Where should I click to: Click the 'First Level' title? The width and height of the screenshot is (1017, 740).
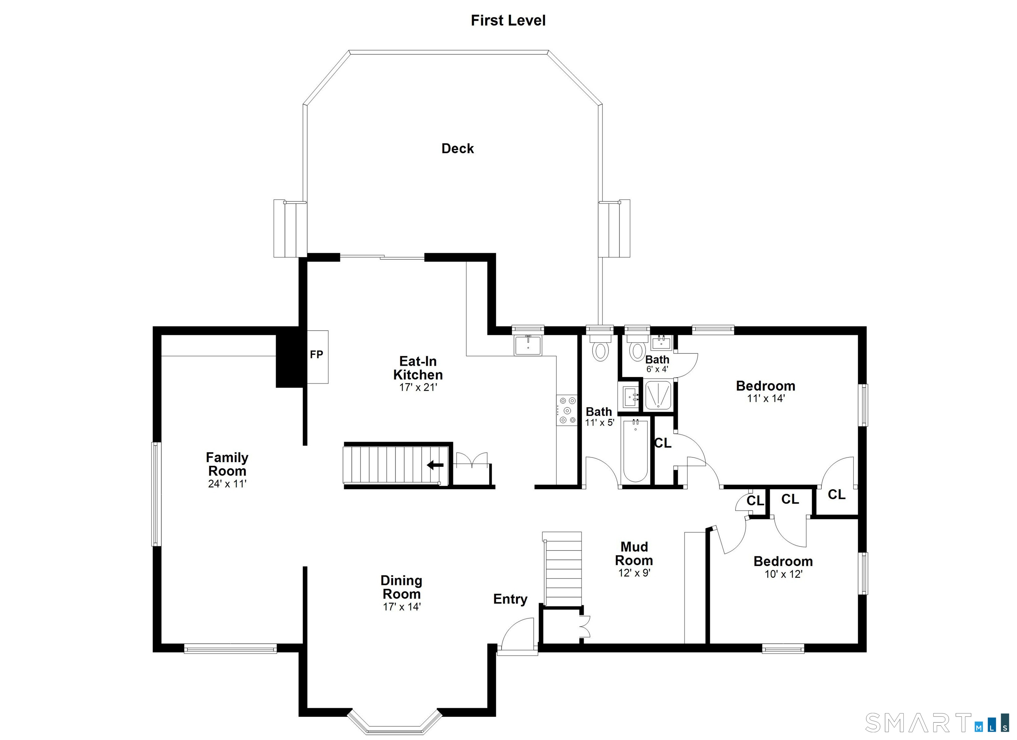508,21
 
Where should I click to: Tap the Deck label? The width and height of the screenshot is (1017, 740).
458,148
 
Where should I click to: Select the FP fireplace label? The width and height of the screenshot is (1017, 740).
316,354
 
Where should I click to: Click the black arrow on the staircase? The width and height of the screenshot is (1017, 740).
435,465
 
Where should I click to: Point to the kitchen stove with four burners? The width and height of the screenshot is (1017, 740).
567,410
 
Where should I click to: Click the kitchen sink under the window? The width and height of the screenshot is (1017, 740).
528,345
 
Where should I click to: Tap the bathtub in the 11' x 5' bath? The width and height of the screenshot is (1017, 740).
635,450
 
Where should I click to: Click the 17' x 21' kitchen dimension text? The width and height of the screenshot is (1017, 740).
418,387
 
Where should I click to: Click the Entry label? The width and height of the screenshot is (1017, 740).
510,599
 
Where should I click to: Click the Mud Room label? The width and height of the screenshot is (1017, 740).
634,553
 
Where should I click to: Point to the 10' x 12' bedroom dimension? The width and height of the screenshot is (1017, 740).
783,574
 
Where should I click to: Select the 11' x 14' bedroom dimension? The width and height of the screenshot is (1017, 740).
766,398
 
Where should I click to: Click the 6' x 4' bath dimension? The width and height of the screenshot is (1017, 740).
657,369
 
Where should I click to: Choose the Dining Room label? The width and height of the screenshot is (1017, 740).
401,587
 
